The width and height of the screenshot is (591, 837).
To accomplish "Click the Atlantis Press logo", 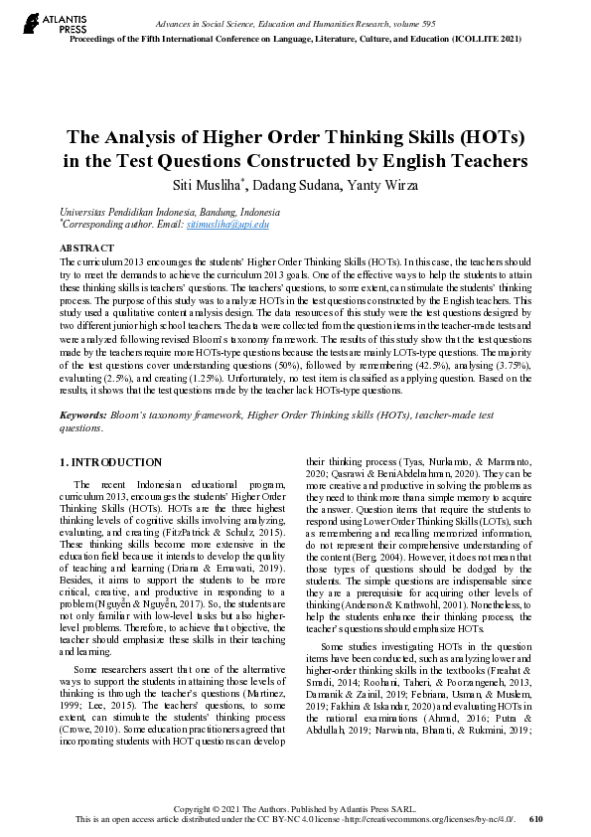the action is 45,24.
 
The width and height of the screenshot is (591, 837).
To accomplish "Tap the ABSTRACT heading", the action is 80,247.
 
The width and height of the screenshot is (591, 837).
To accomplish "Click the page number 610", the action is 537,819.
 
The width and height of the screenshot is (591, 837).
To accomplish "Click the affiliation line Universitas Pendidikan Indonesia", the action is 170,213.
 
